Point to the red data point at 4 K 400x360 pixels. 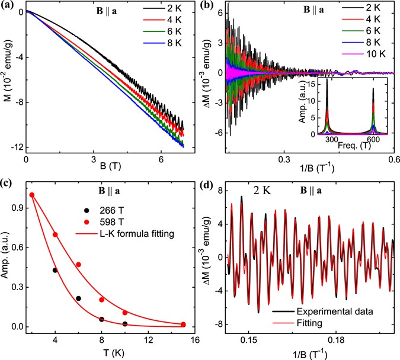pos(56,234)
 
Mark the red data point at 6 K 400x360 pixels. pos(78,265)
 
